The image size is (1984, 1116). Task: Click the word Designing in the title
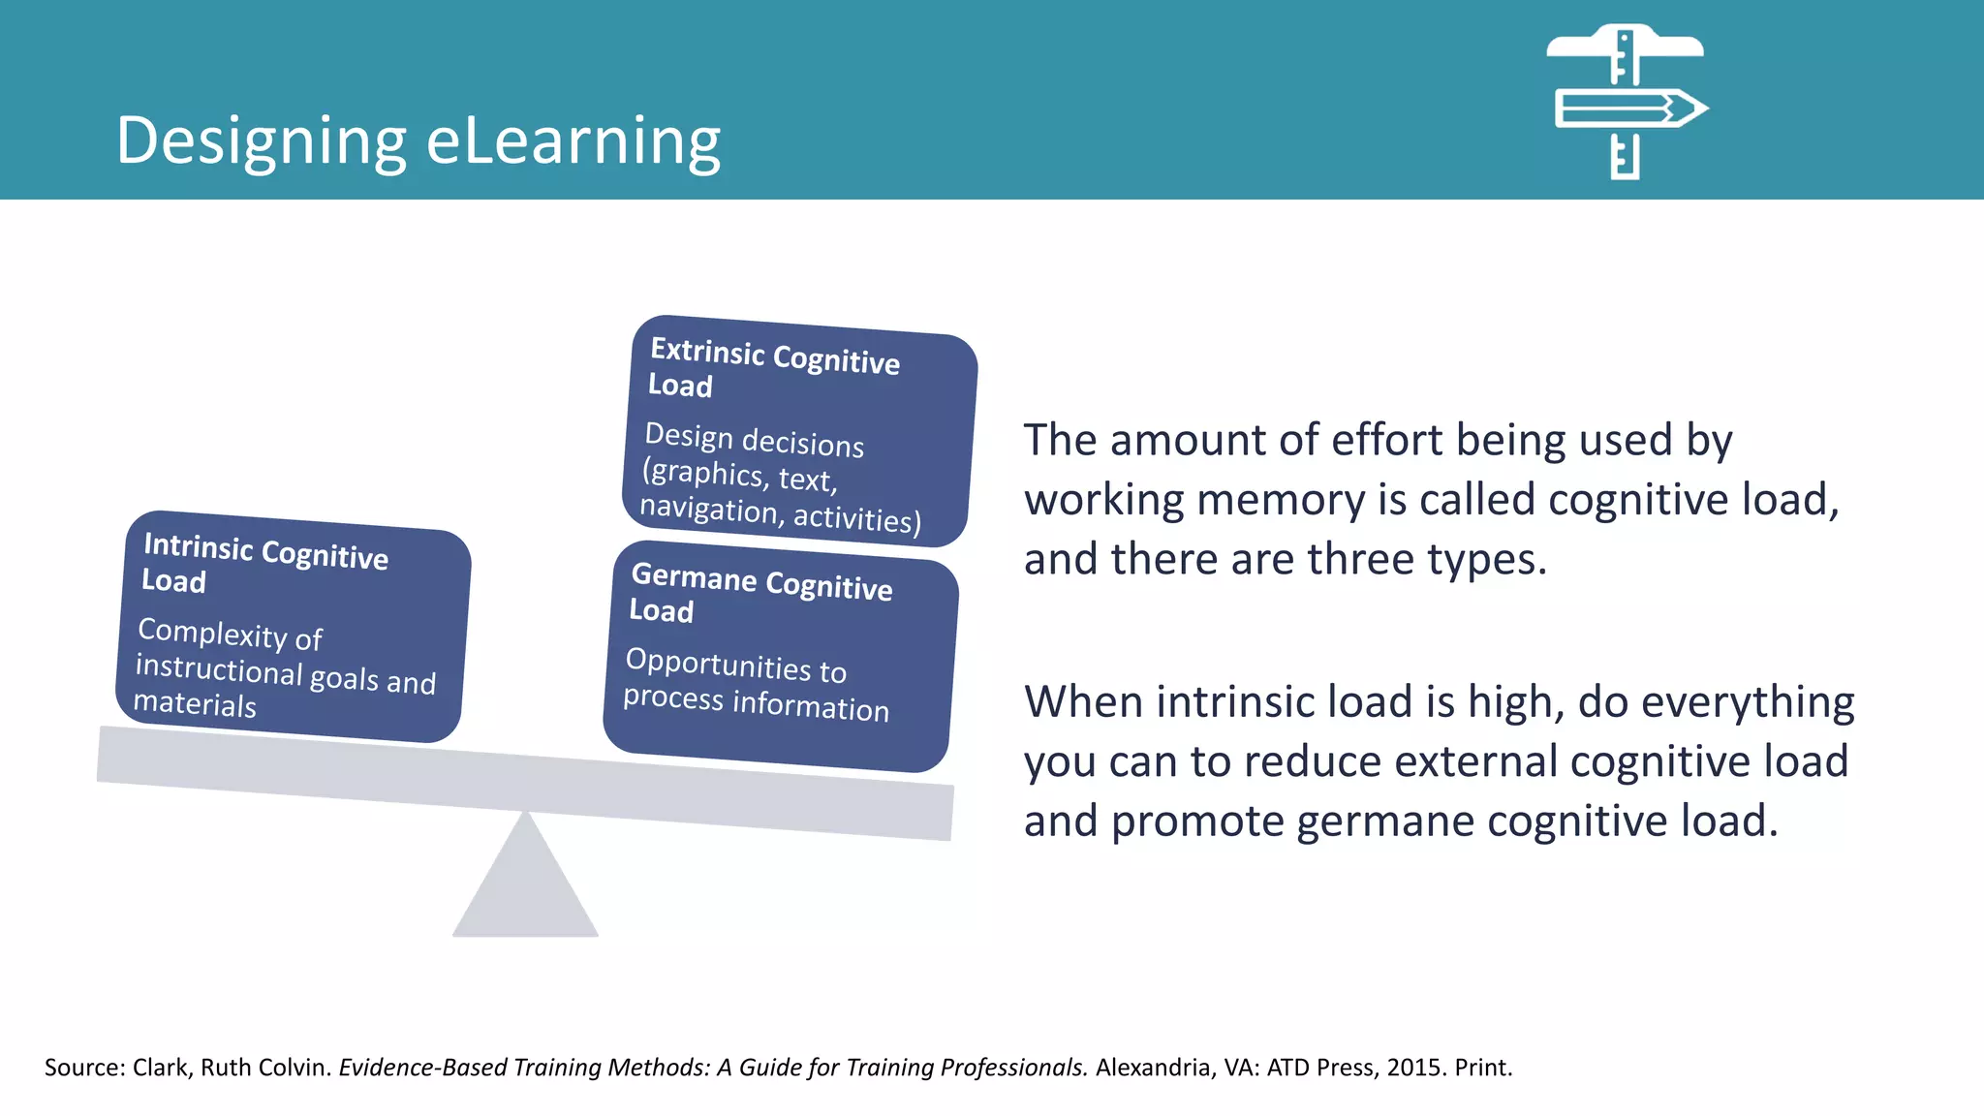(x=260, y=141)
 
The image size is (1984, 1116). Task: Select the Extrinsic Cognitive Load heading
(x=774, y=365)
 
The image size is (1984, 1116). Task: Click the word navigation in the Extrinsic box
(x=708, y=507)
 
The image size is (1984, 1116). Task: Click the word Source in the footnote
(x=82, y=1068)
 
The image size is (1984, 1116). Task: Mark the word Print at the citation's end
(x=1481, y=1068)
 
